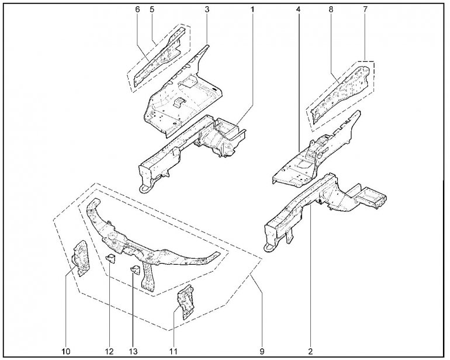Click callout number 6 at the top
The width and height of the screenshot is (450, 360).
tap(137, 9)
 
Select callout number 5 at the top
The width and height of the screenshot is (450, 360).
tap(152, 9)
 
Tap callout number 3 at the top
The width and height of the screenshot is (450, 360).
tap(207, 9)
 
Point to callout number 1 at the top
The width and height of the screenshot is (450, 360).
tap(252, 9)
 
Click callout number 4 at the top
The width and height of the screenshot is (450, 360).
tap(298, 9)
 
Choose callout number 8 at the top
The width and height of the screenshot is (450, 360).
tap(331, 9)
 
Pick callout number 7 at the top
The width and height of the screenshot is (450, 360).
tap(365, 9)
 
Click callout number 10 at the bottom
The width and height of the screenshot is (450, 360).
tap(65, 351)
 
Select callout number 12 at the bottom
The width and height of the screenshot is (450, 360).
tap(109, 351)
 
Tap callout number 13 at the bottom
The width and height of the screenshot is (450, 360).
tap(133, 351)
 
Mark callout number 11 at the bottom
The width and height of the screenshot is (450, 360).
tap(174, 351)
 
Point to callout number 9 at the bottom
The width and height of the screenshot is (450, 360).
tap(261, 351)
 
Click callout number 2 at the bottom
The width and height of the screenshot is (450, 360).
tap(310, 351)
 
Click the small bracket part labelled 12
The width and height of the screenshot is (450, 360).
tap(111, 259)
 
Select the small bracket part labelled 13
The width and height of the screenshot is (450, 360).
tap(135, 270)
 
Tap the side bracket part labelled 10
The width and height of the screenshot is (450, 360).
tap(81, 258)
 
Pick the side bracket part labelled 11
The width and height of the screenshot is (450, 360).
tap(186, 302)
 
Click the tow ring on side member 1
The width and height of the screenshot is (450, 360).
tap(145, 189)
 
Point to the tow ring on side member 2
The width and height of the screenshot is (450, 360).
tap(269, 247)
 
